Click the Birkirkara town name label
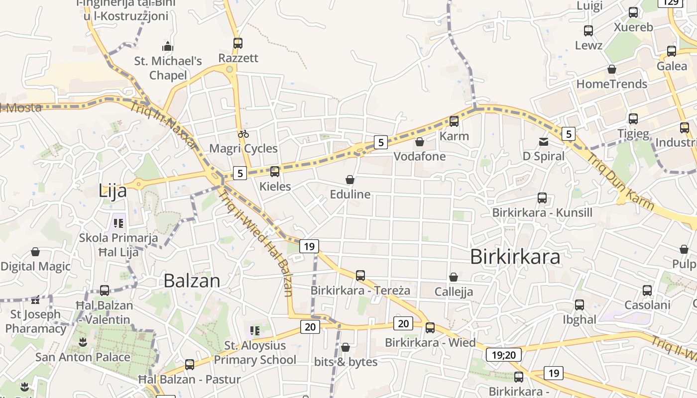click(515, 257)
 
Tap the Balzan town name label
click(192, 281)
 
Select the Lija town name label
click(113, 191)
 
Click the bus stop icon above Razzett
click(238, 43)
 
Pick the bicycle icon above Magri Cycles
click(243, 133)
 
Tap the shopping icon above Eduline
click(350, 180)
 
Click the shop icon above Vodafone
click(420, 142)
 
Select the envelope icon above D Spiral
click(544, 142)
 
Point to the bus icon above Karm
click(454, 121)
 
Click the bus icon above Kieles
click(275, 172)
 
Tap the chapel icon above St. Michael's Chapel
click(168, 47)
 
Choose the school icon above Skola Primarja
click(118, 223)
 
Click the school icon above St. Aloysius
click(255, 331)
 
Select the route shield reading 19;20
click(504, 355)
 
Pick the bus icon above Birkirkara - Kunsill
click(542, 198)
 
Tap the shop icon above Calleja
click(454, 277)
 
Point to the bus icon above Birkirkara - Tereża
click(360, 275)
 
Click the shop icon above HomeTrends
click(612, 69)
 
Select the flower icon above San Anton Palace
click(83, 342)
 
